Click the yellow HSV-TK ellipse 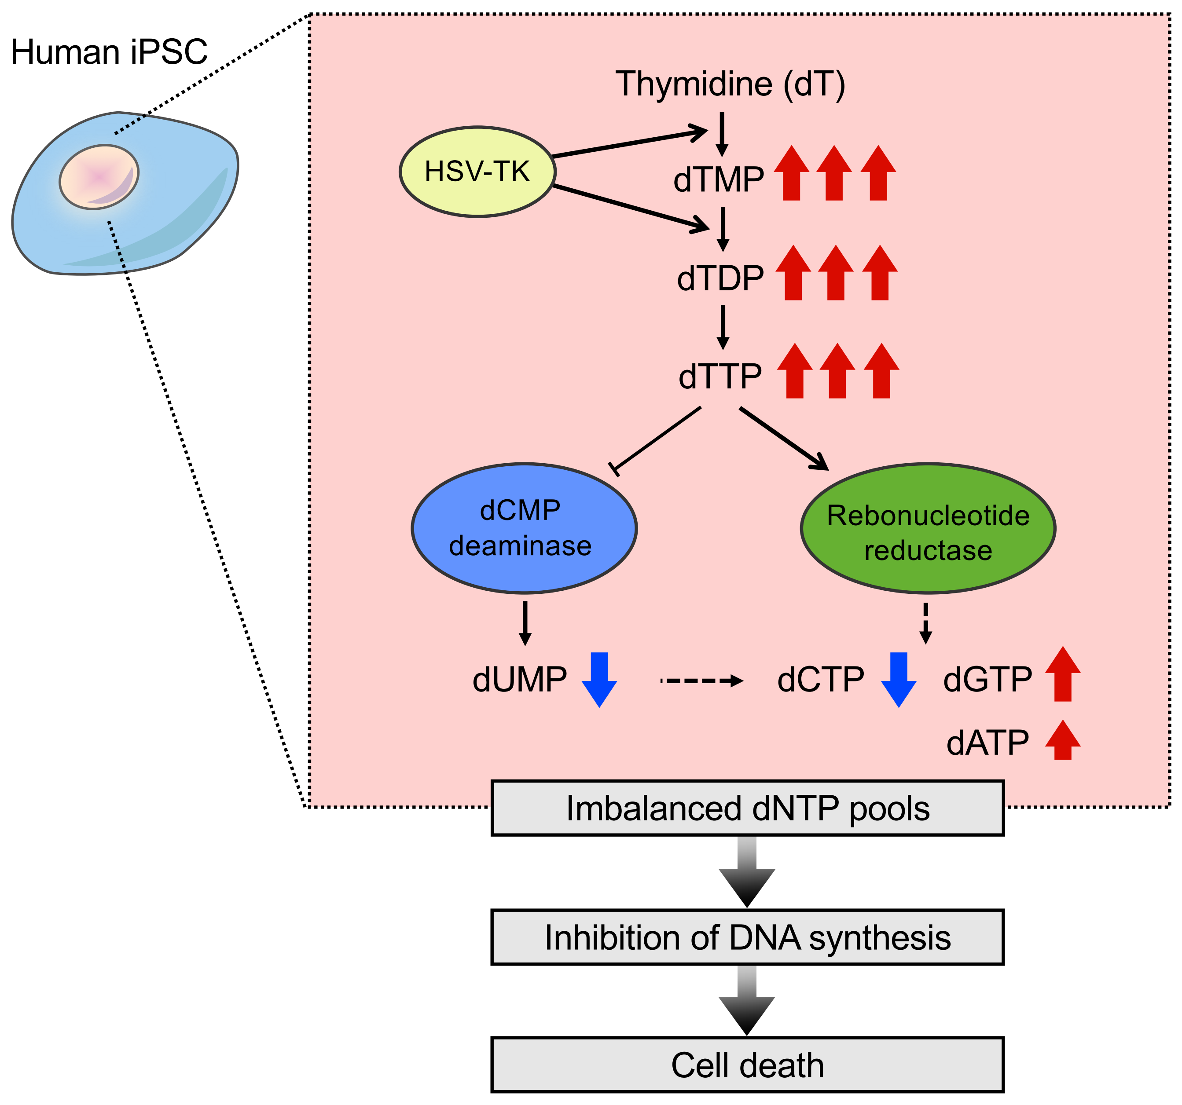pyautogui.click(x=477, y=172)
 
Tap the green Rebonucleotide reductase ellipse pyautogui.click(x=928, y=528)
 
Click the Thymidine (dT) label pyautogui.click(x=730, y=84)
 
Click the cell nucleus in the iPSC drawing pyautogui.click(x=99, y=176)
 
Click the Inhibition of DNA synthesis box pyautogui.click(x=747, y=937)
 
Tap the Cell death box pyautogui.click(x=747, y=1065)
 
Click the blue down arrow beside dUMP pyautogui.click(x=599, y=679)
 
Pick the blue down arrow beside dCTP pyautogui.click(x=899, y=679)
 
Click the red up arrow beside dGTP pyautogui.click(x=1062, y=675)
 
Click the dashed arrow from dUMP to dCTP pyautogui.click(x=701, y=681)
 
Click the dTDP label pyautogui.click(x=720, y=278)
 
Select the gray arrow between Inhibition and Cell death pyautogui.click(x=747, y=1000)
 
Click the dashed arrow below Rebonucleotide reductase pyautogui.click(x=925, y=623)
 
